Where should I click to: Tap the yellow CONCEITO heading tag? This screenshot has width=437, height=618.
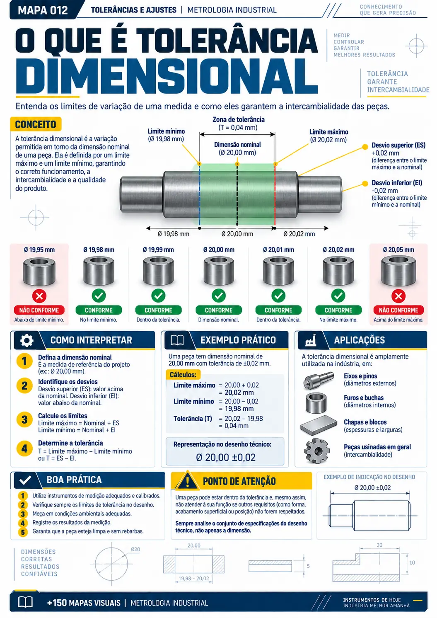click(36, 124)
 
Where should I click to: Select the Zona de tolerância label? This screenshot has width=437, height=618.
click(238, 119)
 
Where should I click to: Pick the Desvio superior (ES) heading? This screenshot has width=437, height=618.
click(398, 145)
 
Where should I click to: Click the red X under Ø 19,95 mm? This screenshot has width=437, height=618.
click(39, 296)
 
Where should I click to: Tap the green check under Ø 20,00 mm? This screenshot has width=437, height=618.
click(219, 296)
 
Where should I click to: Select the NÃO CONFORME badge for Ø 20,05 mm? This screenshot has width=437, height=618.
click(398, 310)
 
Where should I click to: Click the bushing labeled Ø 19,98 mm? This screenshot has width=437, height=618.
click(99, 271)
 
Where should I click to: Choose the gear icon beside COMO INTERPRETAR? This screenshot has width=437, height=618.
click(27, 340)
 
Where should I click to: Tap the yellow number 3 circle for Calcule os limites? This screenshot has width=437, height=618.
click(24, 419)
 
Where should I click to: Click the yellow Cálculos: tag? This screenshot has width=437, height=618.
click(183, 375)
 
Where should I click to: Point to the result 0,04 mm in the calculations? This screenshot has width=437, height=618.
click(236, 426)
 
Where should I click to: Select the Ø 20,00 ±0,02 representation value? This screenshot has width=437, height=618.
click(225, 458)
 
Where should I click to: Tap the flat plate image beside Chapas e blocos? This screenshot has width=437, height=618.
click(319, 425)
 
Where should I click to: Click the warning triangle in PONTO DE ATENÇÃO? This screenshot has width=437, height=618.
click(188, 481)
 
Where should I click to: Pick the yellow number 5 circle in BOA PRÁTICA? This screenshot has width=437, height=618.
click(23, 532)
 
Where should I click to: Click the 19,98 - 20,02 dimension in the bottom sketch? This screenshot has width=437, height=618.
click(193, 578)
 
